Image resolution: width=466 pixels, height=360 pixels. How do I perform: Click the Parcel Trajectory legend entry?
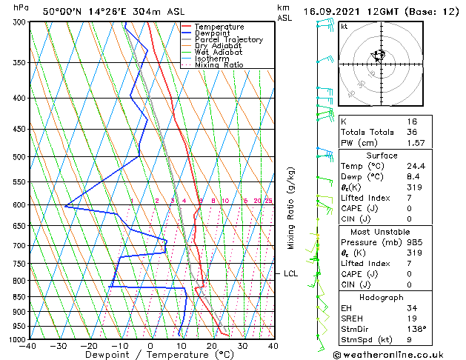[229, 39]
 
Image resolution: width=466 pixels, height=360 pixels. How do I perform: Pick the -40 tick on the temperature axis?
[29, 345]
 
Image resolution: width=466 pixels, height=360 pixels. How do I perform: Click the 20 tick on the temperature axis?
[212, 345]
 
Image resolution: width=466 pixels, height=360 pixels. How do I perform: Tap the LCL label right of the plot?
[290, 273]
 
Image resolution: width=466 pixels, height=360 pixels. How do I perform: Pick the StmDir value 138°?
[416, 329]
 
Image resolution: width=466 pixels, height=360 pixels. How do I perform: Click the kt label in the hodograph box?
[344, 26]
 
